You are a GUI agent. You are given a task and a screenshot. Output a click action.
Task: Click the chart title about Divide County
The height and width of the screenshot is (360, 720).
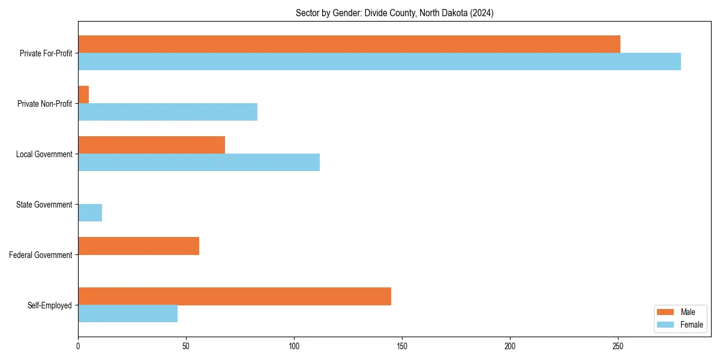pos(394,13)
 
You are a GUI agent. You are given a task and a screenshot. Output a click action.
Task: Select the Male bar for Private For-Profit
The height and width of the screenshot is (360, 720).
pos(349,44)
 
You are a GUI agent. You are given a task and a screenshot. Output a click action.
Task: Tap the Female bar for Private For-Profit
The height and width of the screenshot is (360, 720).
pos(379,61)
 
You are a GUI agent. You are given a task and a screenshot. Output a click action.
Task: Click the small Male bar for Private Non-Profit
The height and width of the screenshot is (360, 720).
pos(83,94)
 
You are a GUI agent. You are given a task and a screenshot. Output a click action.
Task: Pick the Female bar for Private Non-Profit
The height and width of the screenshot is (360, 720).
pos(167,112)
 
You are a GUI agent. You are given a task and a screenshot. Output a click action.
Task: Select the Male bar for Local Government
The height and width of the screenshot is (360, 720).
pos(151,145)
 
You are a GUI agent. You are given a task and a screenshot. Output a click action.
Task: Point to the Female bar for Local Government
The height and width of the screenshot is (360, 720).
pos(199,163)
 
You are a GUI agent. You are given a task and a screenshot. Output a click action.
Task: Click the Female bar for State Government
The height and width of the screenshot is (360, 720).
pos(90,213)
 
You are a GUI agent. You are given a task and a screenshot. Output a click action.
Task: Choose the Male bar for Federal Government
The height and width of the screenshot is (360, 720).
pos(139,246)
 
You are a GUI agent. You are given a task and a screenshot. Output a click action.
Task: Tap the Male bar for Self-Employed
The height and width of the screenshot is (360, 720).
pos(235,296)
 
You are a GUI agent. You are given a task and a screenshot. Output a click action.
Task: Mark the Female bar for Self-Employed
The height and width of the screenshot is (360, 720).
pos(128,314)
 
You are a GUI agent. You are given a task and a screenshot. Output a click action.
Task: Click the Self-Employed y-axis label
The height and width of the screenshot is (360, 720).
pos(50,305)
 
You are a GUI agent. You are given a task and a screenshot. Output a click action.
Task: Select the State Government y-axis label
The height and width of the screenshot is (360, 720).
pos(44,205)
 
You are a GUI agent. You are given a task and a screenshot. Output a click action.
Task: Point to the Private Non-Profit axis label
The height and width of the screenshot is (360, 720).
pos(44,104)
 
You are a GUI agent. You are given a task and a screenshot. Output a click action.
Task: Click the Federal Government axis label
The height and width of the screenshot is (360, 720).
pos(41,255)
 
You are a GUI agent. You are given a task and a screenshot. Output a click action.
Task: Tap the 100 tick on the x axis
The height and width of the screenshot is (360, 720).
pos(294,346)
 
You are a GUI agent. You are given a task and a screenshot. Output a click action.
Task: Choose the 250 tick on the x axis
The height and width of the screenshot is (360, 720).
pos(618,346)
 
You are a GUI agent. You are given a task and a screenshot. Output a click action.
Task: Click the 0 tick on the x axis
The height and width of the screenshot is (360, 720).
pos(78,346)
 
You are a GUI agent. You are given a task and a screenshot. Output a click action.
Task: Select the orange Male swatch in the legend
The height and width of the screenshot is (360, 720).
pos(666,312)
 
